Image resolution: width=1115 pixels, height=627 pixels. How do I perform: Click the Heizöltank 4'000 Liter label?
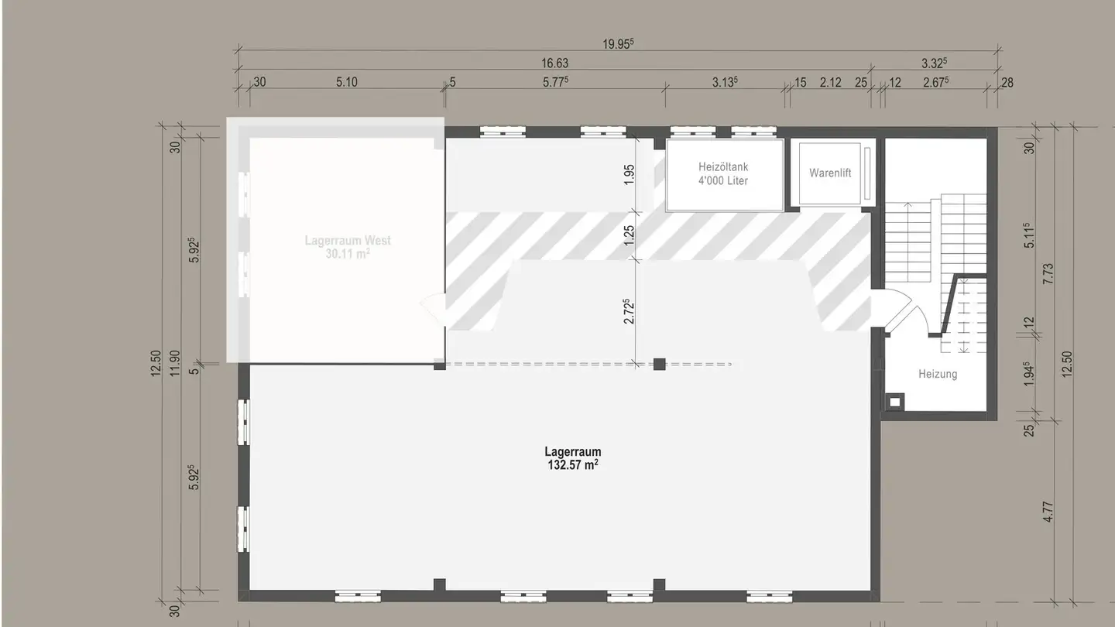(x=722, y=173)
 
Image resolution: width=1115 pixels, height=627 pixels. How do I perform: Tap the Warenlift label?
(x=829, y=173)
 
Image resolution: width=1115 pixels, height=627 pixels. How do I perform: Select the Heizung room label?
(x=938, y=374)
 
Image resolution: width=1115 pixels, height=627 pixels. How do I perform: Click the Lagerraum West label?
(x=348, y=241)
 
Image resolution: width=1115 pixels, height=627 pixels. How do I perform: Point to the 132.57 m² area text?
(x=572, y=465)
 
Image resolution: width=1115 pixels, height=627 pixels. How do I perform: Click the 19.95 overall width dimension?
(x=618, y=44)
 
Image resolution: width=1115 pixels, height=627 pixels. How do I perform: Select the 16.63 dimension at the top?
(x=554, y=63)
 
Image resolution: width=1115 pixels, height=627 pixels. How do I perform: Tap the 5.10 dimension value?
(x=346, y=83)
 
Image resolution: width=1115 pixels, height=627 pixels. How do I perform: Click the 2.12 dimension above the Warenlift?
(x=830, y=83)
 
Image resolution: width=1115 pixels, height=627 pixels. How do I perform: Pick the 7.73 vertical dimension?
(x=1049, y=273)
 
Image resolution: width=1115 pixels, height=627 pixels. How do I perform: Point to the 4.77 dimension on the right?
(x=1049, y=512)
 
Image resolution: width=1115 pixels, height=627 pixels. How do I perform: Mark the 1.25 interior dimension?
(x=629, y=235)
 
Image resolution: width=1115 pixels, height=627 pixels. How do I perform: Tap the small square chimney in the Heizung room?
(x=896, y=401)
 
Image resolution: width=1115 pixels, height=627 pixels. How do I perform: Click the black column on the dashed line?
(x=659, y=364)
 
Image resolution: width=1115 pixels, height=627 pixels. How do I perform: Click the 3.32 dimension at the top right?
(x=935, y=63)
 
